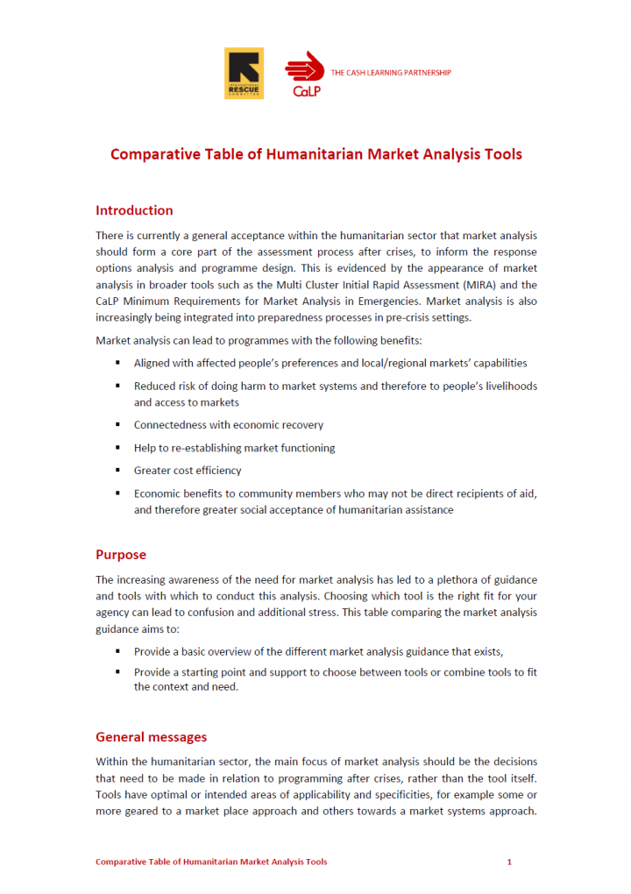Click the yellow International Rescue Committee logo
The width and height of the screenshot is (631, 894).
(244, 74)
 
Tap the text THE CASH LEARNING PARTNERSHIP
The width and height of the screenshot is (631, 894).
(390, 73)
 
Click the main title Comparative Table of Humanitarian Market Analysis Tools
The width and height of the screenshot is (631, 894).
(315, 154)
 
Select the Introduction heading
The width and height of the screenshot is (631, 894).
(134, 210)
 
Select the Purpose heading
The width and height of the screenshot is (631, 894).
(121, 555)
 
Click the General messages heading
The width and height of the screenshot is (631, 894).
(151, 737)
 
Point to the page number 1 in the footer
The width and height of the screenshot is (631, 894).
(509, 862)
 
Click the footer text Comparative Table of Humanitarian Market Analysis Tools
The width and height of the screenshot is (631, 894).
(211, 862)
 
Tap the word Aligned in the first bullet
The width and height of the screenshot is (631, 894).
(152, 363)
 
